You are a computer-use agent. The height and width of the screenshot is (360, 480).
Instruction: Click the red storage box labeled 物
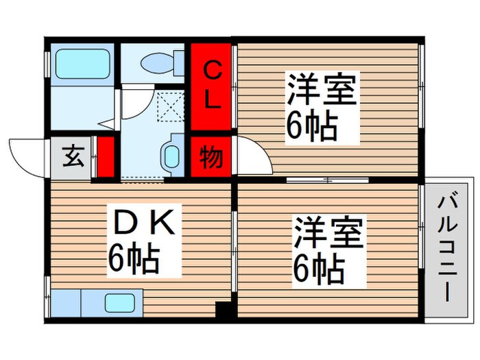[212, 158]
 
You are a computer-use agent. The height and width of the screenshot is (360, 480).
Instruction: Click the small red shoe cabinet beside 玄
[105, 157]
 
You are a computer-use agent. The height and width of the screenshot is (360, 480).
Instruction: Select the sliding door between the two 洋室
[328, 180]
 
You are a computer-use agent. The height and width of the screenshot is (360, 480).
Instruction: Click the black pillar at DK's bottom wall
[223, 310]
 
